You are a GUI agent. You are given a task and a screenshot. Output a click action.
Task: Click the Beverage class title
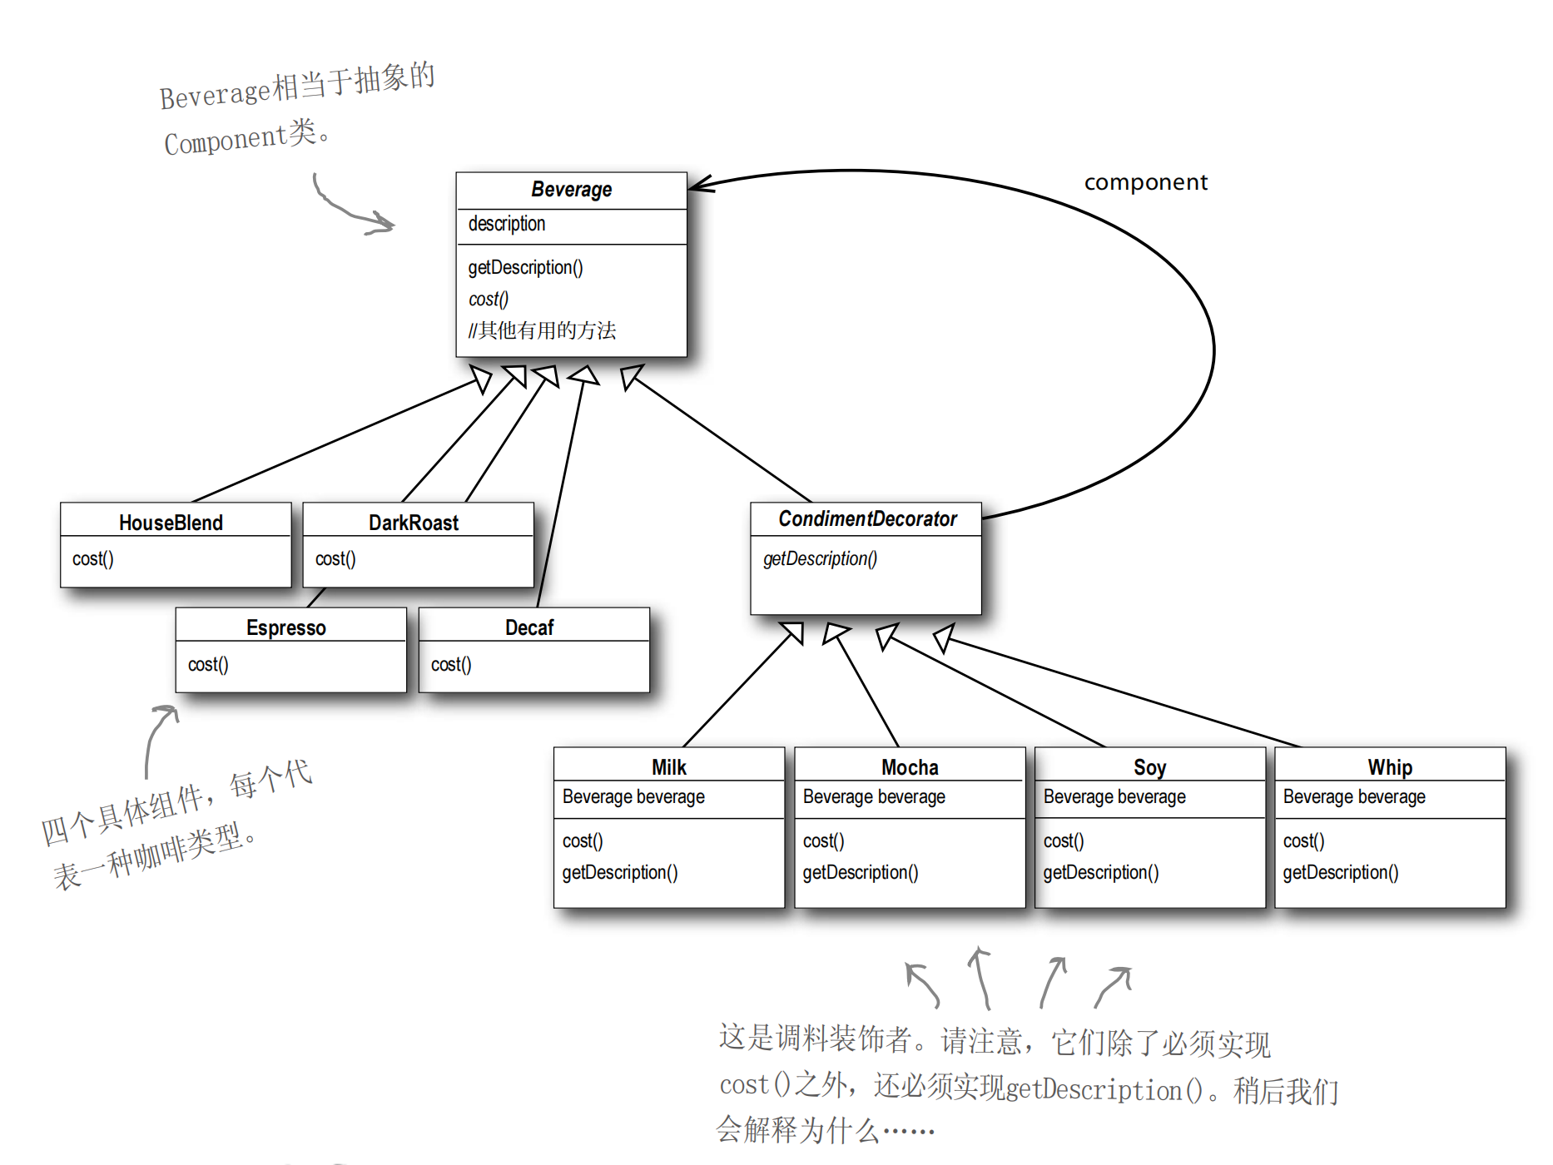click(x=571, y=190)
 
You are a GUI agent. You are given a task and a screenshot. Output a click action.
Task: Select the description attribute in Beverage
click(x=506, y=224)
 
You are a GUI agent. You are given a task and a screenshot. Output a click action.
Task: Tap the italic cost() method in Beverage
click(x=488, y=299)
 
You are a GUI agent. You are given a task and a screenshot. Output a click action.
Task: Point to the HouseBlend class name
click(x=171, y=523)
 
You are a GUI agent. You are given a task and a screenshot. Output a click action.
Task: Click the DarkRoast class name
click(x=413, y=523)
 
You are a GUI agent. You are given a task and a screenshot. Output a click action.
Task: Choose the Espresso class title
click(x=285, y=627)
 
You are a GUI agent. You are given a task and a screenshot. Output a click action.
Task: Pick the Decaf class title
click(x=528, y=627)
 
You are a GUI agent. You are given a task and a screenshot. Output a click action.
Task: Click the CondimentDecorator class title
click(x=867, y=519)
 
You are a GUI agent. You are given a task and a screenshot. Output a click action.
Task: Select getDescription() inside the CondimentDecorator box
click(x=820, y=558)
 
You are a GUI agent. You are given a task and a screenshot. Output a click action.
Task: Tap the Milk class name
click(x=668, y=767)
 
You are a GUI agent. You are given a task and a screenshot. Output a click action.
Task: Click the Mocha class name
click(x=910, y=767)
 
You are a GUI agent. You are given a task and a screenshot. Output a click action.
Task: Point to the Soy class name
click(x=1149, y=767)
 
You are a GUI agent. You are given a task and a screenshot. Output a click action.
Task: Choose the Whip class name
click(x=1389, y=767)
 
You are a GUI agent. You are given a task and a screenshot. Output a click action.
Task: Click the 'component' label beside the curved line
click(x=1145, y=182)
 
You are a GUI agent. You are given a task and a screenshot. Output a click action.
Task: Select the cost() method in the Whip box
click(x=1303, y=840)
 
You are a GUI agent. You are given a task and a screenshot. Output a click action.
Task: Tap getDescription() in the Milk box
click(x=620, y=872)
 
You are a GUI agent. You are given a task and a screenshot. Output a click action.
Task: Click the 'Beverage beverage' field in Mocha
click(x=874, y=796)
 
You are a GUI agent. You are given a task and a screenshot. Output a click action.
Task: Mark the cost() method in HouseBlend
click(x=92, y=558)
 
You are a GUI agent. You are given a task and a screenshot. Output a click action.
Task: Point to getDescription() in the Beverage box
click(x=525, y=267)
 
